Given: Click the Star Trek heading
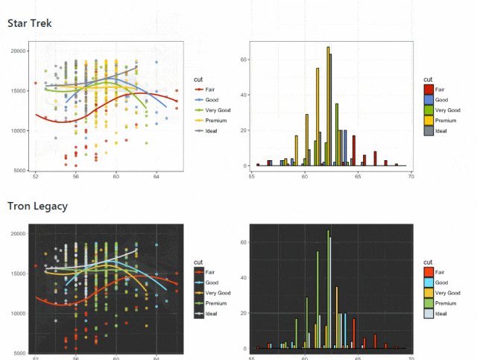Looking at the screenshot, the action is coord(30,23).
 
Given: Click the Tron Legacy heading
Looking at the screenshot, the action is coord(37,206).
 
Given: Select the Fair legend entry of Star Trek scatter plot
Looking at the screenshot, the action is coord(205,89).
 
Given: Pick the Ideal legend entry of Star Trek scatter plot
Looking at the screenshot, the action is coord(206,131).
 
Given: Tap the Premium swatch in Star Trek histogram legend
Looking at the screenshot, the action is coord(429,121).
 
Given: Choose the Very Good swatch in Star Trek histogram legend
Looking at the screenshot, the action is coord(429,110).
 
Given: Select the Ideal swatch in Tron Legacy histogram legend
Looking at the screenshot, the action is coord(429,314).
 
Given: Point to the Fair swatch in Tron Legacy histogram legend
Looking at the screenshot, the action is coord(429,272).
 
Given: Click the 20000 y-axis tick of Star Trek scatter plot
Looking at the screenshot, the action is coord(18,51).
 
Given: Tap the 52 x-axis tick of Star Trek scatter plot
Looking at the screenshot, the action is coord(36,176).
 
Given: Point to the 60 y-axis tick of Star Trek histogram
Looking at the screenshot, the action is coord(244,60).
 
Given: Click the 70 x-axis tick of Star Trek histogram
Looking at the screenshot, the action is coord(411,177).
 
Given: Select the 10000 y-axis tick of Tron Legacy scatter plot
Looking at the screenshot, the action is coord(18,314).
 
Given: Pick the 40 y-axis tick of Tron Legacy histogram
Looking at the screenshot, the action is coord(244,278).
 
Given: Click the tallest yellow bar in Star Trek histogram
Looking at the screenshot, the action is coord(328,106).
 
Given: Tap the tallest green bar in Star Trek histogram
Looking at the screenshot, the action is coord(337,135).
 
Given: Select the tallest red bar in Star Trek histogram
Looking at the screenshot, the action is coord(354,151).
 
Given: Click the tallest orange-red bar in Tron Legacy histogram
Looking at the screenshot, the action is coord(354,333).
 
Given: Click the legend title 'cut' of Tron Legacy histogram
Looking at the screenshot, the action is coord(428,262).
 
